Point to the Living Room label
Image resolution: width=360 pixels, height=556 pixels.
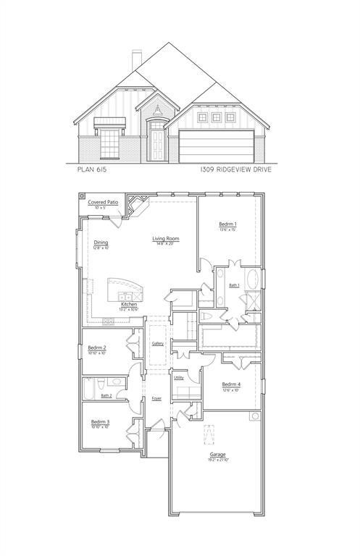[x=165, y=239]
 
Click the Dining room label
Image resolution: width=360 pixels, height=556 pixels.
[x=101, y=243]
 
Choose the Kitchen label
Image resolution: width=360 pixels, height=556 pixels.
[x=129, y=305]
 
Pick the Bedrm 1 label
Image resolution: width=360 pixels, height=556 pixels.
[x=228, y=225]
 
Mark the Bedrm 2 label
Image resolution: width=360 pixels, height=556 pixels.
[x=98, y=348]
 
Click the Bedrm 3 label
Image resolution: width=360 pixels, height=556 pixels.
[x=100, y=422]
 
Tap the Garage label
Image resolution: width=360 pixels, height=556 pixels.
[x=218, y=455]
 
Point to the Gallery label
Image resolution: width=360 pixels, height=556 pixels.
[x=157, y=343]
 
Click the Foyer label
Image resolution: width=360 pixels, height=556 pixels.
[x=156, y=399]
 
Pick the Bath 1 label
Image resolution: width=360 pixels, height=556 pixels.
[x=234, y=286]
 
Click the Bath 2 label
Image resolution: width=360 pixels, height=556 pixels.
[x=106, y=395]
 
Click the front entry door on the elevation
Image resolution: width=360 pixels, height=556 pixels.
[x=156, y=143]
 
